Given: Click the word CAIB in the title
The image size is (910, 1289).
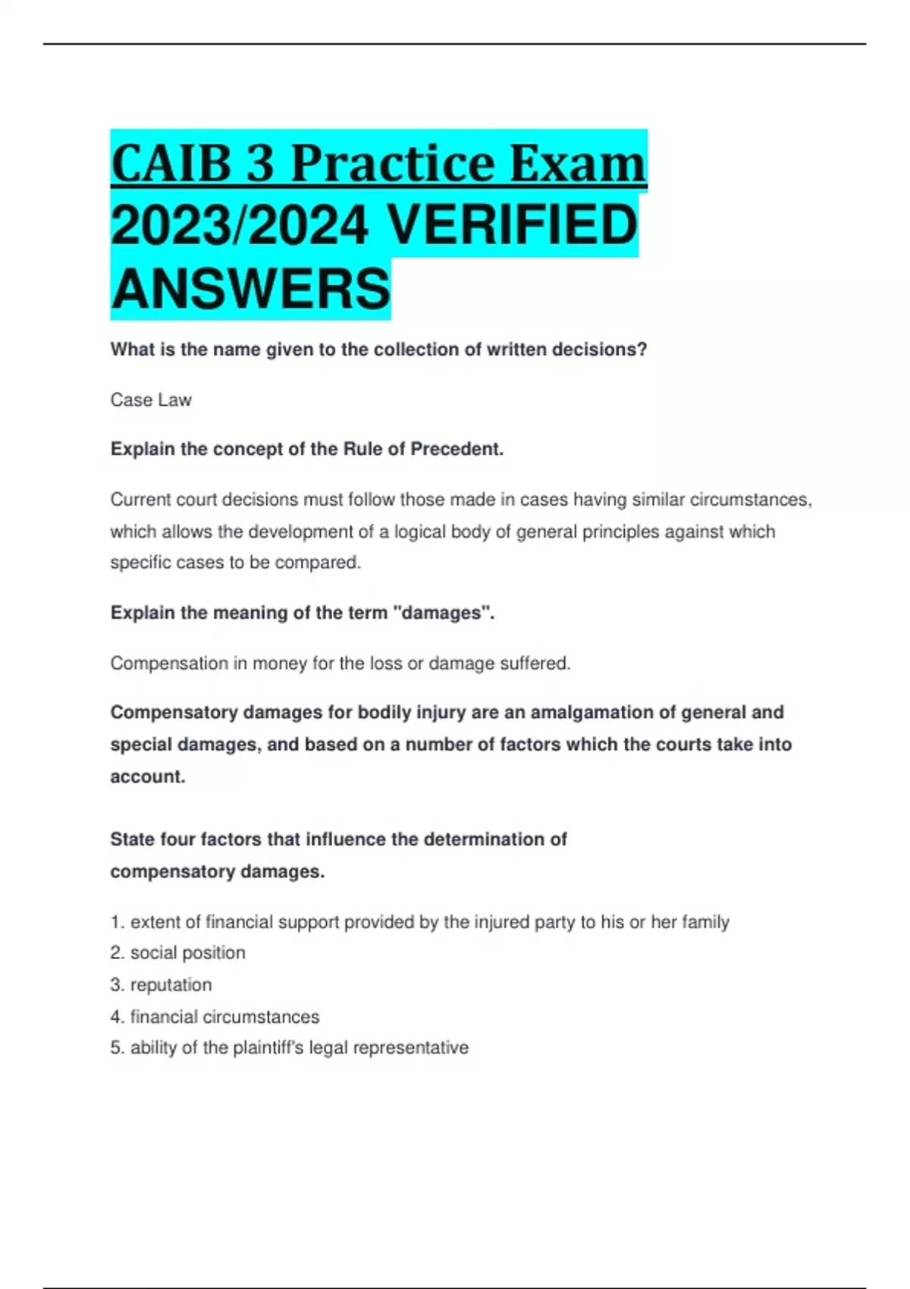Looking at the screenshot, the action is (171, 163).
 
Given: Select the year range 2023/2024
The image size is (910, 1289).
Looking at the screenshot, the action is (240, 226).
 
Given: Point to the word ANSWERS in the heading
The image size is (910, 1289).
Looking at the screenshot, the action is (250, 289).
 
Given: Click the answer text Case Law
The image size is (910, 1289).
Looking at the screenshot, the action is (151, 400).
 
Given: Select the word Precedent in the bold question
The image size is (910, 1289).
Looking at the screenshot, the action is (457, 449).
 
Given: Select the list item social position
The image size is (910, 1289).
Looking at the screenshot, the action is (187, 952).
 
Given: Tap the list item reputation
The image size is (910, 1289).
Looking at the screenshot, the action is (171, 984).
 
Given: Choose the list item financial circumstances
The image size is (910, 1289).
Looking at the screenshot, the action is (224, 1016).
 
